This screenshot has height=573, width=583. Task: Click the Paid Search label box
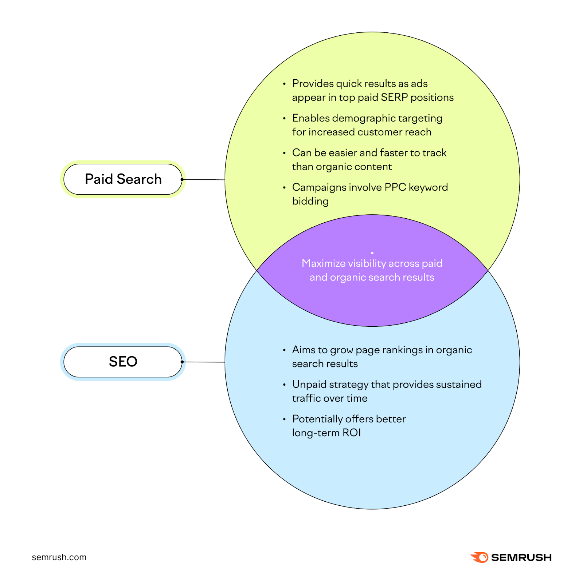point(123,179)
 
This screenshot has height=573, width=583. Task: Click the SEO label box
point(123,362)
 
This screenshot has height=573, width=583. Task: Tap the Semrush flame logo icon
point(480,557)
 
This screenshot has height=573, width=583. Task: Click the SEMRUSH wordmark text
point(521,557)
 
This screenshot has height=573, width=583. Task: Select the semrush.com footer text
point(59,557)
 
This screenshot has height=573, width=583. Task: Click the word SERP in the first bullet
point(394,98)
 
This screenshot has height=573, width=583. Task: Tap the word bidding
point(310,201)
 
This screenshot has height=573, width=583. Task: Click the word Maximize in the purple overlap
point(323,263)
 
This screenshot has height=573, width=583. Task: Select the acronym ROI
point(352,433)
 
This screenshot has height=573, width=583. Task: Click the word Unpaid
point(309,385)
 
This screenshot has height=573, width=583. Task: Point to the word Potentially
point(317,419)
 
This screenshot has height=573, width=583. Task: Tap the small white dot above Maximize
point(372,253)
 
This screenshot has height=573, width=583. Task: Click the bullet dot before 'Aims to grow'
point(284,350)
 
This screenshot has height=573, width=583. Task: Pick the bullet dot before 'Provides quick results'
point(284,84)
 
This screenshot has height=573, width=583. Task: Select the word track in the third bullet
point(434,153)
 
